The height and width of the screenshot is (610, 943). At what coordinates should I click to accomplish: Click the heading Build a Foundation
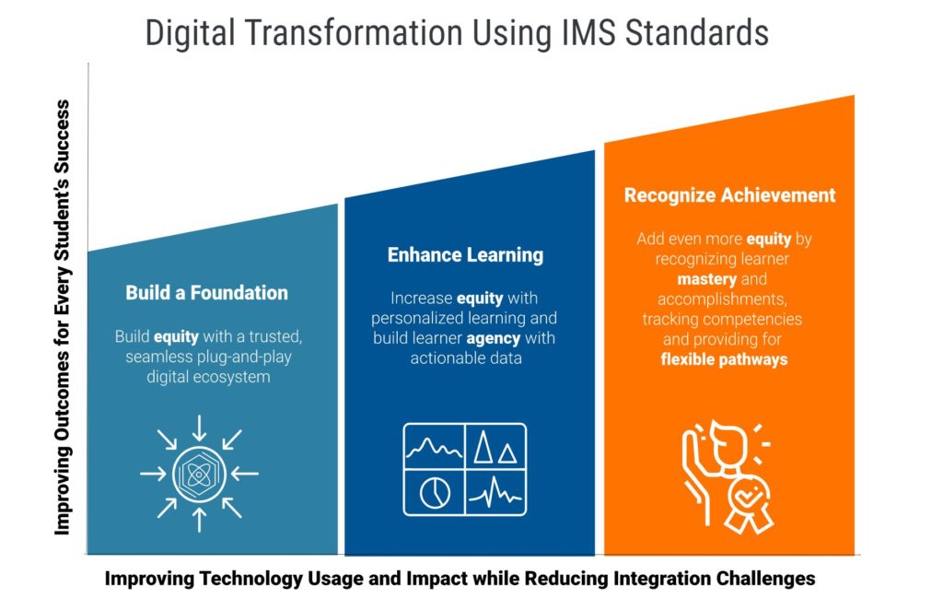click(207, 293)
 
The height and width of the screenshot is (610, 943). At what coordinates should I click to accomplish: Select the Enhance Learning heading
click(465, 255)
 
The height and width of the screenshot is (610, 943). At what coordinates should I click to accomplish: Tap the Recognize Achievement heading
click(729, 195)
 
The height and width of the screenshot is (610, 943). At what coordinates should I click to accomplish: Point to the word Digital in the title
click(190, 34)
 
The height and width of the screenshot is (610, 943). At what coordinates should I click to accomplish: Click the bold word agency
click(494, 339)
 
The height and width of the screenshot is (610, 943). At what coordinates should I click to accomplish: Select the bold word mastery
click(706, 280)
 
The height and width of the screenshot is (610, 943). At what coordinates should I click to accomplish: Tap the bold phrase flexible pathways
click(724, 359)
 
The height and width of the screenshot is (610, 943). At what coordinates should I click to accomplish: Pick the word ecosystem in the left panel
click(232, 378)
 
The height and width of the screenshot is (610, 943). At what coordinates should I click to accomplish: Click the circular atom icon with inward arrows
click(199, 474)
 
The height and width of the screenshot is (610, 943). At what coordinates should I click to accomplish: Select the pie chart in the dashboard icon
click(435, 493)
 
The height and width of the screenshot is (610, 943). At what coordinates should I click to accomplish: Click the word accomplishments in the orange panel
click(722, 299)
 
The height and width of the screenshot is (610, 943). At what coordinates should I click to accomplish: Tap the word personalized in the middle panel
click(414, 318)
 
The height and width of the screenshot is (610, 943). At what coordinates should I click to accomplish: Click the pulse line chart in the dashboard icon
click(495, 493)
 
